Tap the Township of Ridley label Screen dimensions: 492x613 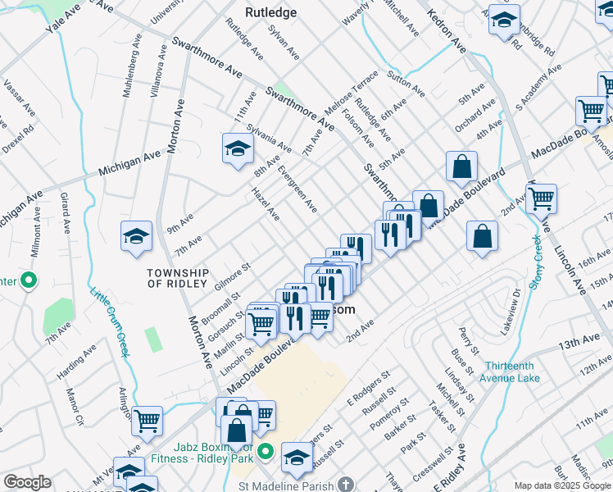pyautogui.click(x=178, y=277)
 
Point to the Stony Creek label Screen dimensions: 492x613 pyautogui.click(x=536, y=261)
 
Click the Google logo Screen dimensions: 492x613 pyautogui.click(x=27, y=482)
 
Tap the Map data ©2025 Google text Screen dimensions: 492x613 pyautogui.click(x=561, y=485)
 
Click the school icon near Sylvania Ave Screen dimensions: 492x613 pyautogui.click(x=238, y=148)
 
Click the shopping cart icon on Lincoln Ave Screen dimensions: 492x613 pyautogui.click(x=541, y=197)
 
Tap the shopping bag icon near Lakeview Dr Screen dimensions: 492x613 pyautogui.click(x=483, y=235)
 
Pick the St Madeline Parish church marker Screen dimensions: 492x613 pyautogui.click(x=346, y=485)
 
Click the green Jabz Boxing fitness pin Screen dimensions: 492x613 pyautogui.click(x=265, y=452)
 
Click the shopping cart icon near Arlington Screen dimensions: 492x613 pyautogui.click(x=147, y=421)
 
